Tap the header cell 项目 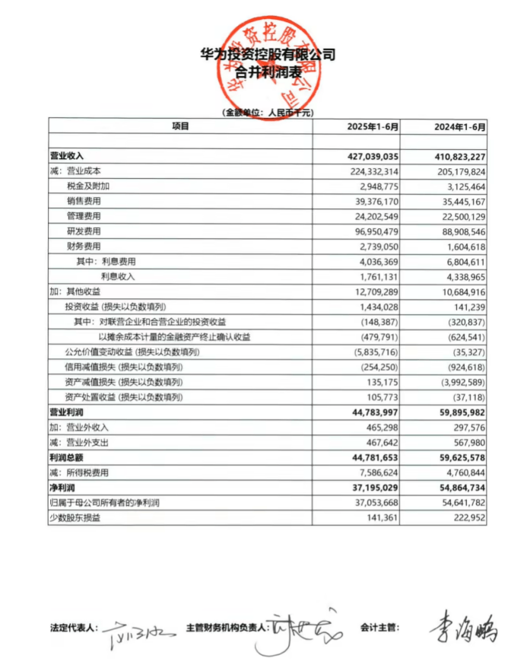[180, 126]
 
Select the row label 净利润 [62, 487]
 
